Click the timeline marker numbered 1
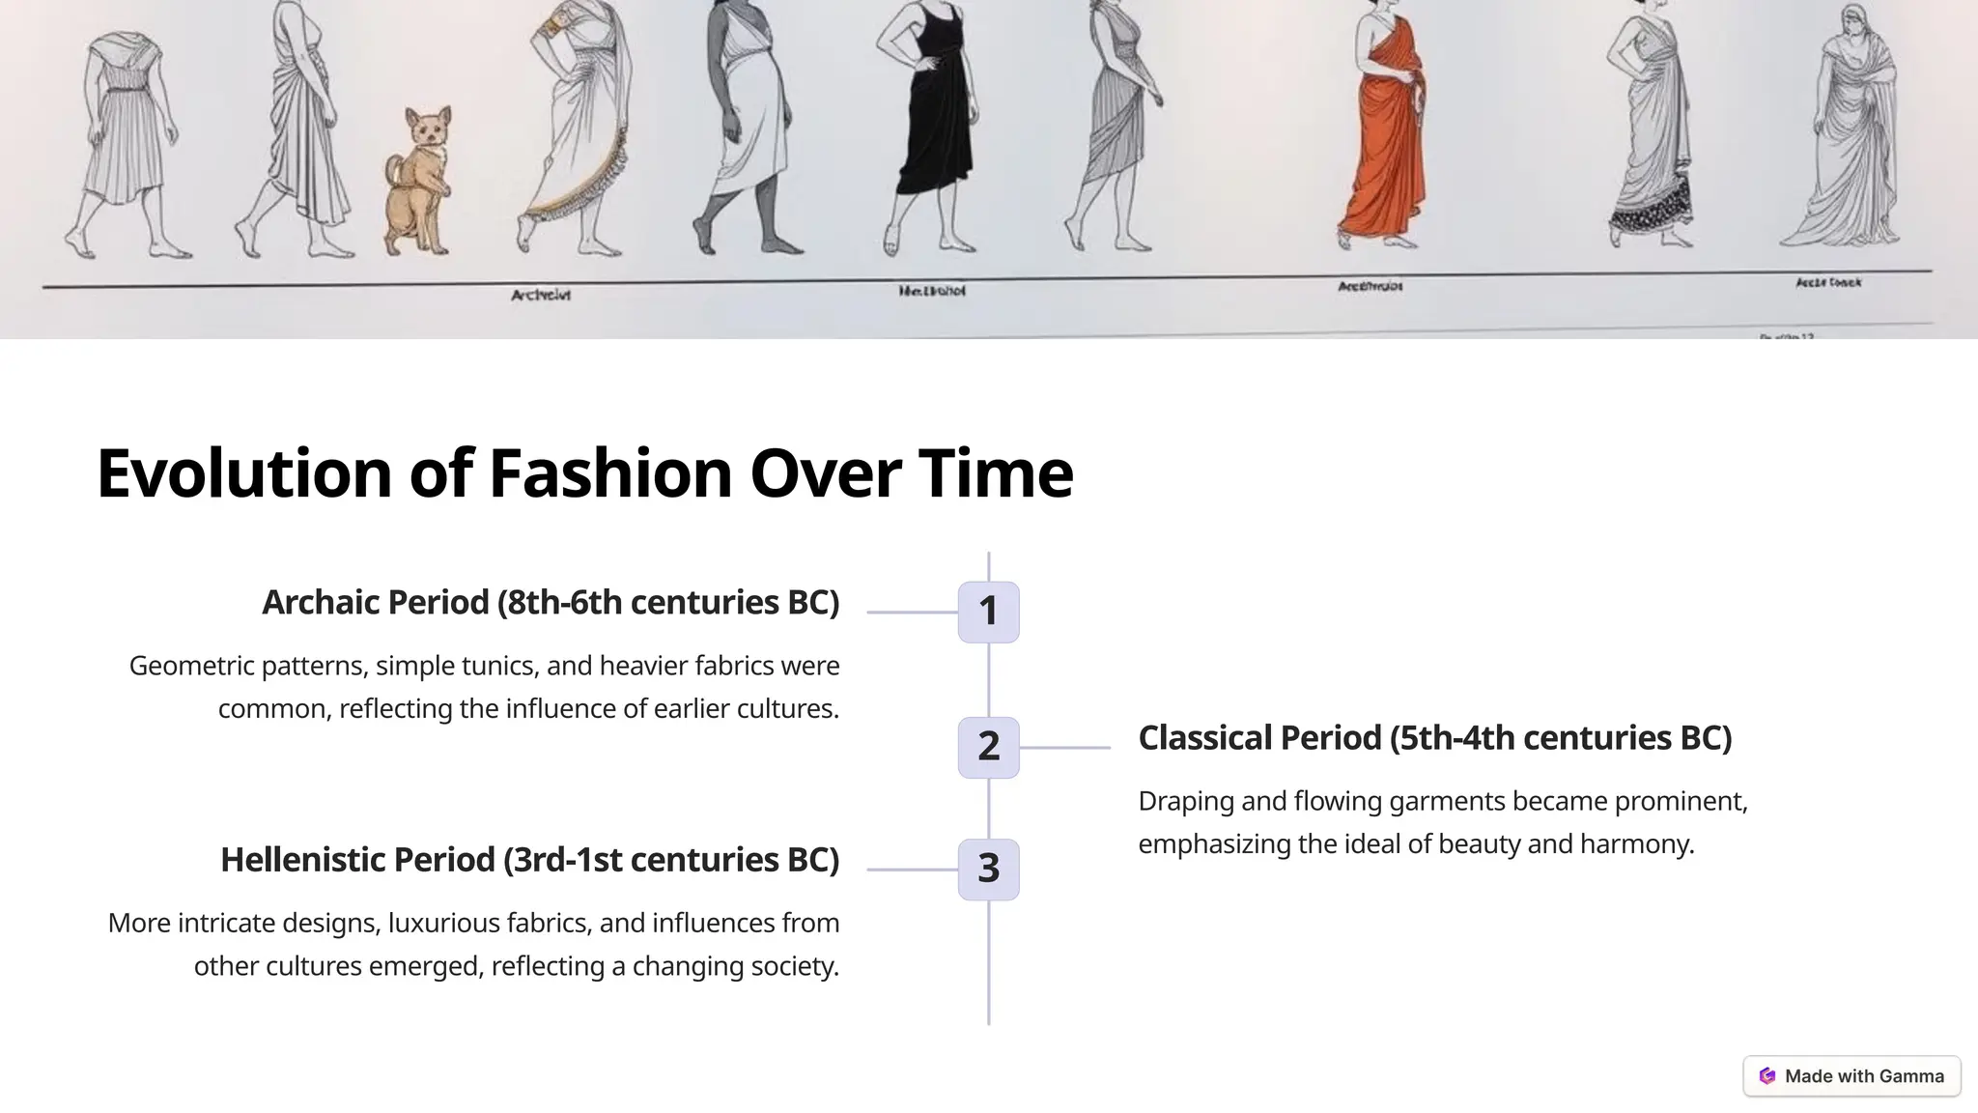tap(988, 612)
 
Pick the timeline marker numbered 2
tap(988, 747)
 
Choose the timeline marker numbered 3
tap(988, 870)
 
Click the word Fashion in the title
tap(610, 473)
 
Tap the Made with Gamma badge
tap(1851, 1076)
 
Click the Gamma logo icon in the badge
tap(1767, 1076)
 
